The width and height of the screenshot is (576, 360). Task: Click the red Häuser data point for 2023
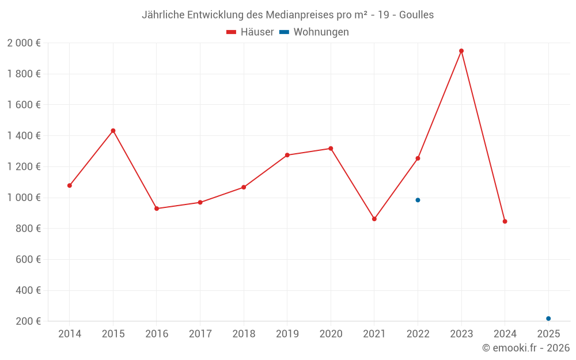461,51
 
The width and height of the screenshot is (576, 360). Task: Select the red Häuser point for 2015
113,131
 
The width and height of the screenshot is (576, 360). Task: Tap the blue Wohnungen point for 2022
418,200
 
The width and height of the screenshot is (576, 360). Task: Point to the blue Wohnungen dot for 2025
548,319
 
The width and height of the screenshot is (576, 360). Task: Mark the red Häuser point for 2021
374,219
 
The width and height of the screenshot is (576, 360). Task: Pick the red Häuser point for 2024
505,221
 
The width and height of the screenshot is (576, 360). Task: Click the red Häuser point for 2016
157,209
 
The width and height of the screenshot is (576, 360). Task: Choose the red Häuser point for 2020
331,149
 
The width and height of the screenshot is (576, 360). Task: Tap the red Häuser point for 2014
70,185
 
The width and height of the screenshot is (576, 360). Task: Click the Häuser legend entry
250,32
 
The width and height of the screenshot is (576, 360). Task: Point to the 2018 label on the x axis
244,334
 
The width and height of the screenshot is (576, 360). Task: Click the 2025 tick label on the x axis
548,334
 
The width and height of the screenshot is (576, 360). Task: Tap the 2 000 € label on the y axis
24,43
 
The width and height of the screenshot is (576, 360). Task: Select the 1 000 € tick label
24,198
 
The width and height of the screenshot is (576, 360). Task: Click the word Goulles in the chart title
416,15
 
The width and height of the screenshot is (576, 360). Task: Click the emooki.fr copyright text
526,348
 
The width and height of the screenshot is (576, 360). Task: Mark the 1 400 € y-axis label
24,136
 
